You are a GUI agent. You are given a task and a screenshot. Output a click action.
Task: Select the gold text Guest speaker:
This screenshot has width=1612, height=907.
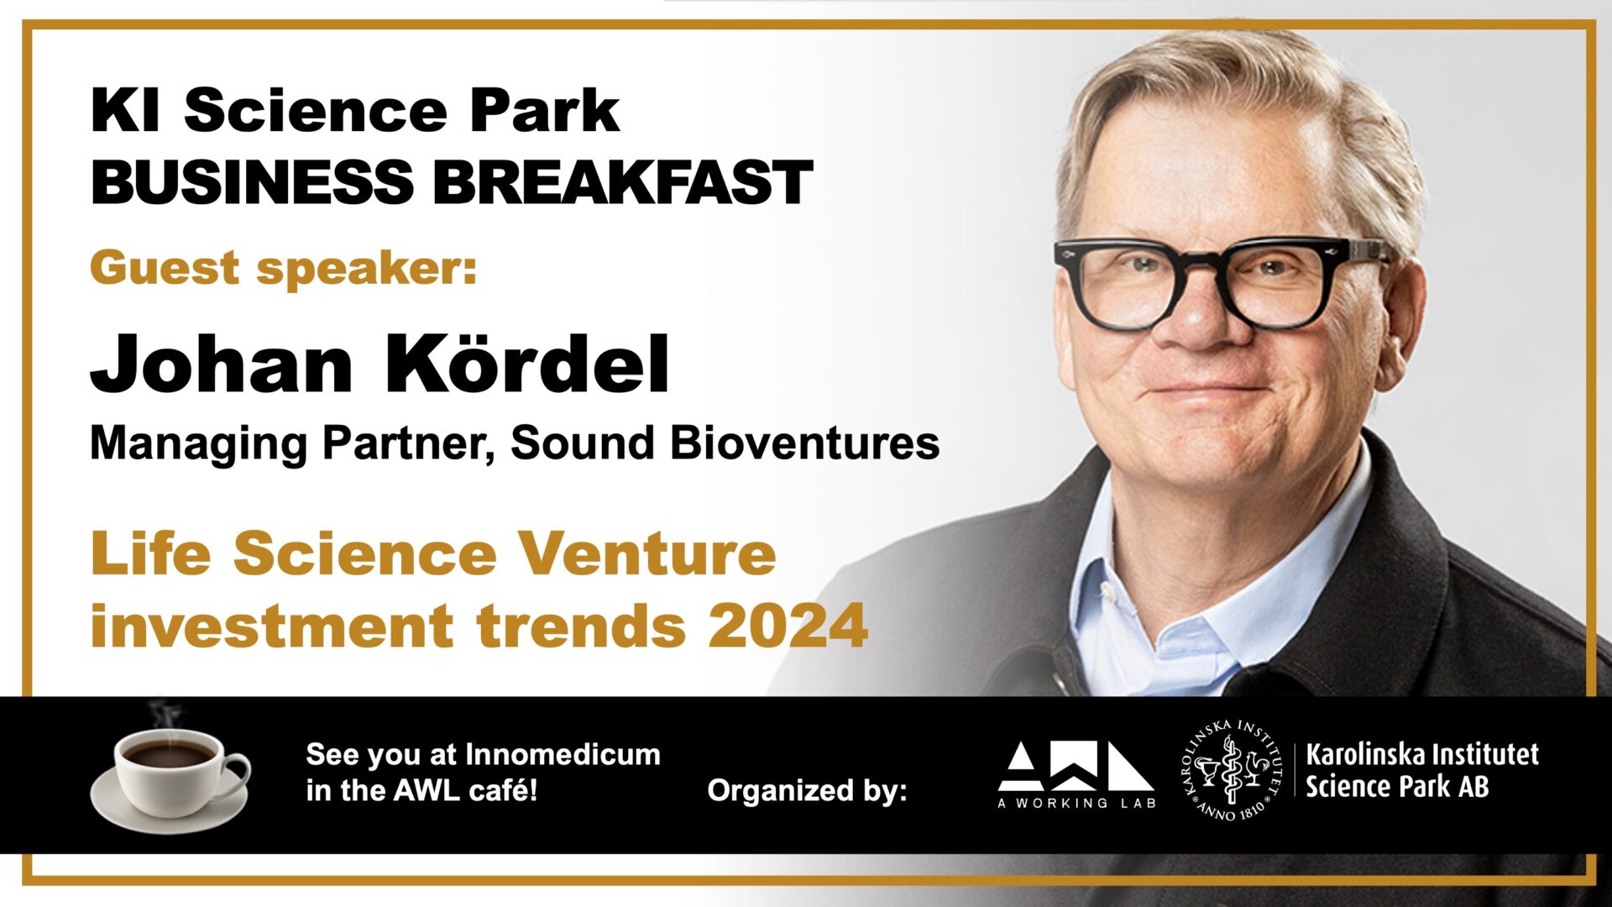pyautogui.click(x=284, y=269)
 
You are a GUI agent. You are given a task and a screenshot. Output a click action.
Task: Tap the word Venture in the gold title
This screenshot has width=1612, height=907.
pyautogui.click(x=646, y=555)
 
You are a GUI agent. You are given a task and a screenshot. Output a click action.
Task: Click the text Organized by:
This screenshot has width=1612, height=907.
pyautogui.click(x=807, y=791)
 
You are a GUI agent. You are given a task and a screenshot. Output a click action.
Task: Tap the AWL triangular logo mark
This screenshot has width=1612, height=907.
pyautogui.click(x=1076, y=766)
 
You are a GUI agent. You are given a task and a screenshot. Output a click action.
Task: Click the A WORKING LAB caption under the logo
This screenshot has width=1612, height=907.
pyautogui.click(x=1076, y=803)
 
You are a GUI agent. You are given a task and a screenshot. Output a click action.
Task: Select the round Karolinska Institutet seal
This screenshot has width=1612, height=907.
pyautogui.click(x=1230, y=770)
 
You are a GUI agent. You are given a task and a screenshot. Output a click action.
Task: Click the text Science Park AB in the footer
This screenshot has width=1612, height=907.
pyautogui.click(x=1397, y=787)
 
